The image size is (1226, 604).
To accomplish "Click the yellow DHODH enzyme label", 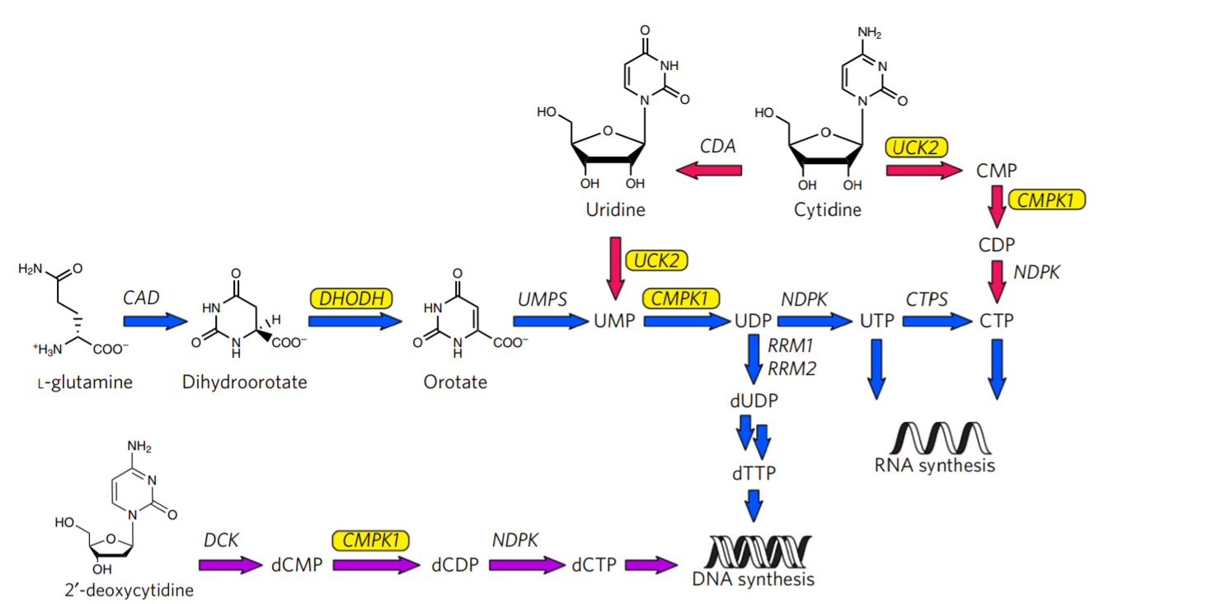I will (x=350, y=297).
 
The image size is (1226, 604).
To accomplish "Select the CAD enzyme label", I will (x=141, y=297).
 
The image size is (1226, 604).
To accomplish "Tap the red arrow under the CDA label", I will (x=708, y=171).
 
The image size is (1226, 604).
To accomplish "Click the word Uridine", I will (x=615, y=210).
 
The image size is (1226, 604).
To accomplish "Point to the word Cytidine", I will (x=827, y=210).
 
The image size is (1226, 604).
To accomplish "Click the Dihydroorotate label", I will (x=245, y=382).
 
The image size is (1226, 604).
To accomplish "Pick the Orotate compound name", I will (x=455, y=382).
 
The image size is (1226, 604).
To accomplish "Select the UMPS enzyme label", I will (x=543, y=298).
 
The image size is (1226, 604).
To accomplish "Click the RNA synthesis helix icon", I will (x=935, y=438).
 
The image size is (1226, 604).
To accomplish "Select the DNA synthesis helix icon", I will (x=754, y=550).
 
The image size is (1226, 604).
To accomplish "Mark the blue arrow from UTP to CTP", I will (x=937, y=321).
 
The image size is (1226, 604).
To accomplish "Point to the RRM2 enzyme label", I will (x=791, y=368).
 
